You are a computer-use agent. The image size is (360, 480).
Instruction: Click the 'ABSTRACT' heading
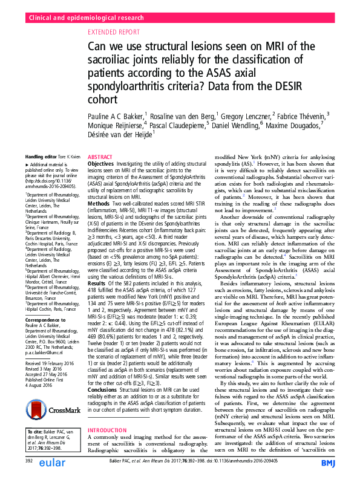[100, 155]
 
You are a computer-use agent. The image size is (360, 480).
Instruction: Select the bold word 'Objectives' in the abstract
[100, 164]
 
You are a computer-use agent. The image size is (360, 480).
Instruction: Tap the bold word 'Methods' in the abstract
[99, 204]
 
